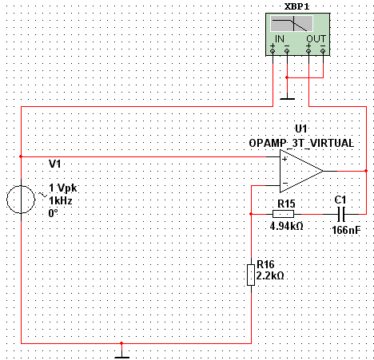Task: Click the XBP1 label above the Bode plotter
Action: (296, 6)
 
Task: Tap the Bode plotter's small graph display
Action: (292, 23)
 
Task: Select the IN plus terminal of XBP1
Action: (273, 50)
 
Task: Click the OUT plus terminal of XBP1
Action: (308, 50)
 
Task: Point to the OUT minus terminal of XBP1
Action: (323, 50)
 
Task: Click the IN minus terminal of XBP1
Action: (287, 50)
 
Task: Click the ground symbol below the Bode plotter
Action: (287, 98)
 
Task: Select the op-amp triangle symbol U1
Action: (301, 171)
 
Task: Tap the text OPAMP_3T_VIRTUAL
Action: (301, 143)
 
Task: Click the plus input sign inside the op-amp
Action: (284, 159)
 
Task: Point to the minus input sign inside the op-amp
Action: (285, 183)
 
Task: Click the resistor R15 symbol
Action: (283, 214)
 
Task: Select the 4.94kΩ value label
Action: (286, 226)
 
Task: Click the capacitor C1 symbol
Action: (341, 214)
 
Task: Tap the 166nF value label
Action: (346, 230)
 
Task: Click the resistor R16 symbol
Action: (251, 275)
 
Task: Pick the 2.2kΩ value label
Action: (270, 275)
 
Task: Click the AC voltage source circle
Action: (21, 200)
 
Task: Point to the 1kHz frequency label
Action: (61, 200)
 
